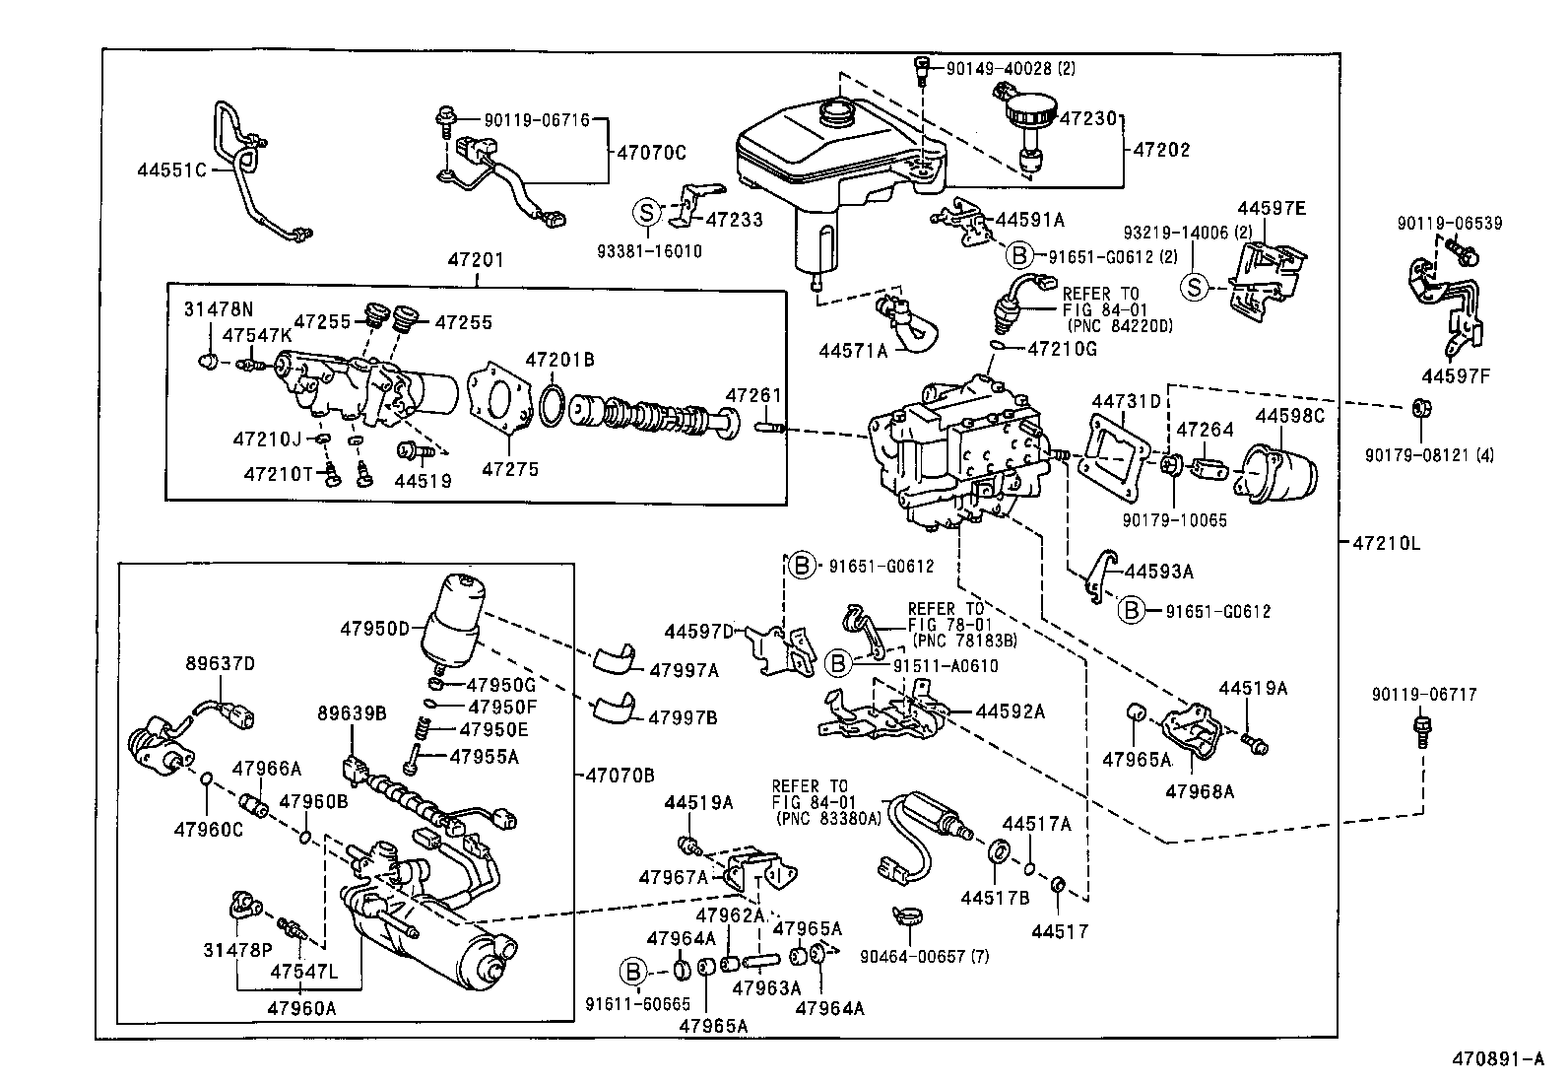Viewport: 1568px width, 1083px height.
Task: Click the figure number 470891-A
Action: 1497,1060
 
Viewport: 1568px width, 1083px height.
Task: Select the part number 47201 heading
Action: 477,260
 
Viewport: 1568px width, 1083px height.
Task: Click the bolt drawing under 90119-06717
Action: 1420,732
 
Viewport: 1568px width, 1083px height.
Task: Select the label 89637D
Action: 220,663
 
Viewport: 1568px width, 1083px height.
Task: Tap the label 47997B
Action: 683,716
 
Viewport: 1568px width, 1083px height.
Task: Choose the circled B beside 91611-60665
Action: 630,972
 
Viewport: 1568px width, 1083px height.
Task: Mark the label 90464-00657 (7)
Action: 924,956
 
